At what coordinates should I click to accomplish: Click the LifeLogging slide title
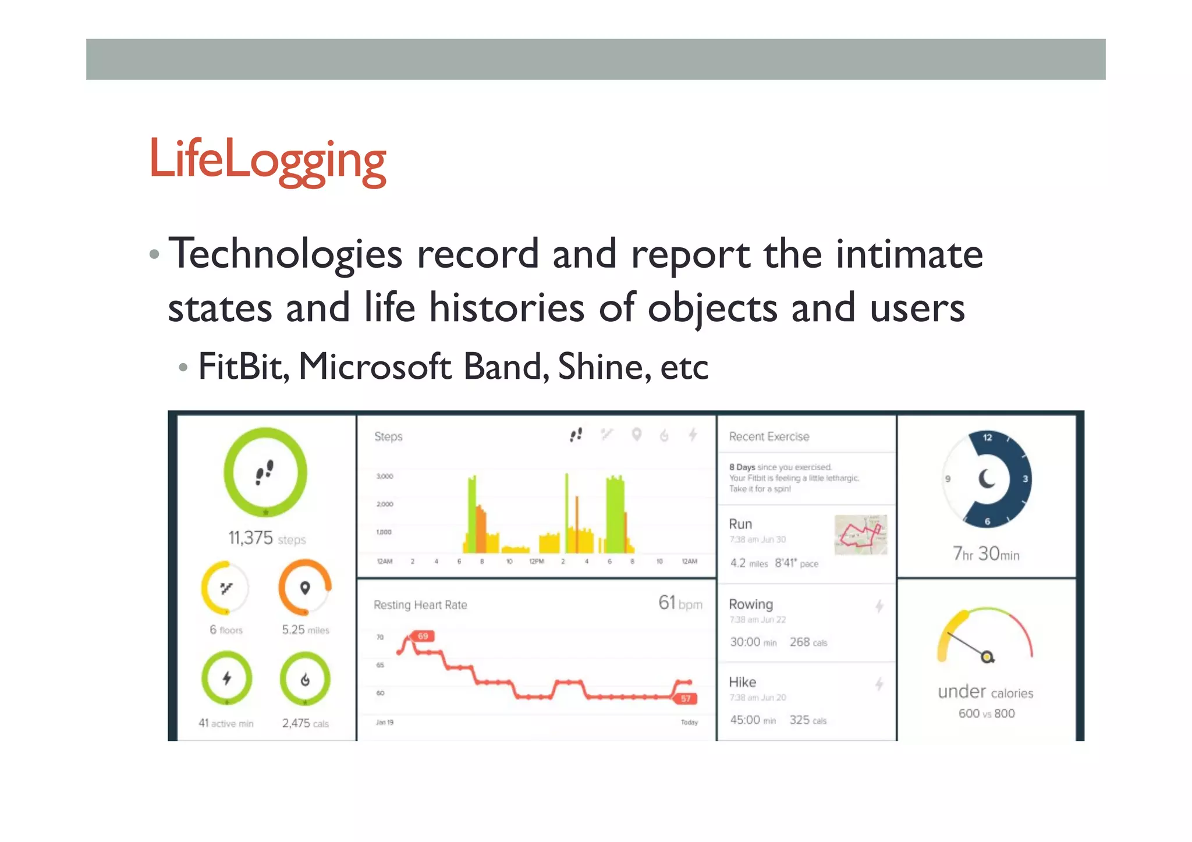tap(267, 159)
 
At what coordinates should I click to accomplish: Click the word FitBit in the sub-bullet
tap(243, 367)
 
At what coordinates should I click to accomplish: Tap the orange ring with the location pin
tap(305, 588)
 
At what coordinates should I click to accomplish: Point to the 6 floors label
tap(226, 630)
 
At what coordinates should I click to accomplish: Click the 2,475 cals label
tap(305, 723)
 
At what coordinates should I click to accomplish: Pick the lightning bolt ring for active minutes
tap(227, 678)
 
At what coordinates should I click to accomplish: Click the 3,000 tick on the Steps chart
tap(385, 476)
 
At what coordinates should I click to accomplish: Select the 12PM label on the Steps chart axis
tap(536, 562)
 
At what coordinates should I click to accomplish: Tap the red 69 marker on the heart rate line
tap(423, 636)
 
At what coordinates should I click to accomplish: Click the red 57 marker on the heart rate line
tap(686, 698)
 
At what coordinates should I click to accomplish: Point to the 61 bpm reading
tap(680, 603)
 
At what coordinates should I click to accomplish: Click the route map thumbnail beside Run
tap(860, 534)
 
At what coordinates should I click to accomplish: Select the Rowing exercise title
tap(751, 604)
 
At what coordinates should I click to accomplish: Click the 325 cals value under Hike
tap(807, 720)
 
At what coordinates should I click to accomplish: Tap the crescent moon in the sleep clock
tap(987, 479)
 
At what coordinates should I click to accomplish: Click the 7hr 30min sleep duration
tap(986, 553)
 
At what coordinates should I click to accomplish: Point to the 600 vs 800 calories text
tap(987, 713)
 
